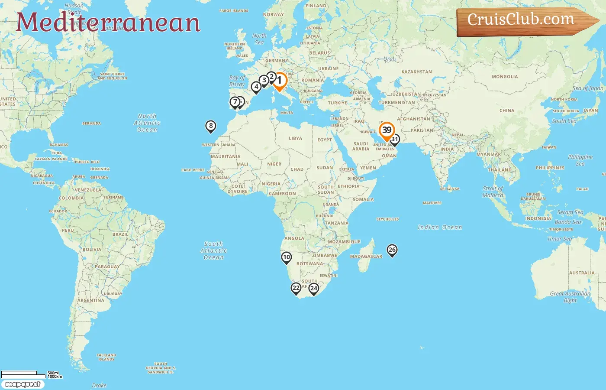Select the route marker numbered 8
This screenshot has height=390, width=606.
click(211, 126)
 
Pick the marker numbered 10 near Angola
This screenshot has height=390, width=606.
click(286, 257)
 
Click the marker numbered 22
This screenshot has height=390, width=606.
click(296, 288)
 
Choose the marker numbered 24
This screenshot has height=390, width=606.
click(314, 289)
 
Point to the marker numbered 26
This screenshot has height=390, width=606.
click(392, 250)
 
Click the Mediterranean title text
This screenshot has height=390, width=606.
click(108, 23)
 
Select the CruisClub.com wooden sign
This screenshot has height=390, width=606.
click(524, 20)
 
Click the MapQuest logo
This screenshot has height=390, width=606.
click(23, 384)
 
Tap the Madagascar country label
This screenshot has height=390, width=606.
click(366, 256)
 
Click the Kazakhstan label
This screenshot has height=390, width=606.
click(416, 72)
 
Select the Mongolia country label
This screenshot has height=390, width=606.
click(505, 77)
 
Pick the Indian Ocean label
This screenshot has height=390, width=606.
click(440, 227)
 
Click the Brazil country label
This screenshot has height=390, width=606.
click(120, 234)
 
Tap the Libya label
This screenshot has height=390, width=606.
click(296, 139)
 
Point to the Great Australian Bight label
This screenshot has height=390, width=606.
click(570, 297)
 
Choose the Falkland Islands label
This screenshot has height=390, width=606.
click(106, 357)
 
